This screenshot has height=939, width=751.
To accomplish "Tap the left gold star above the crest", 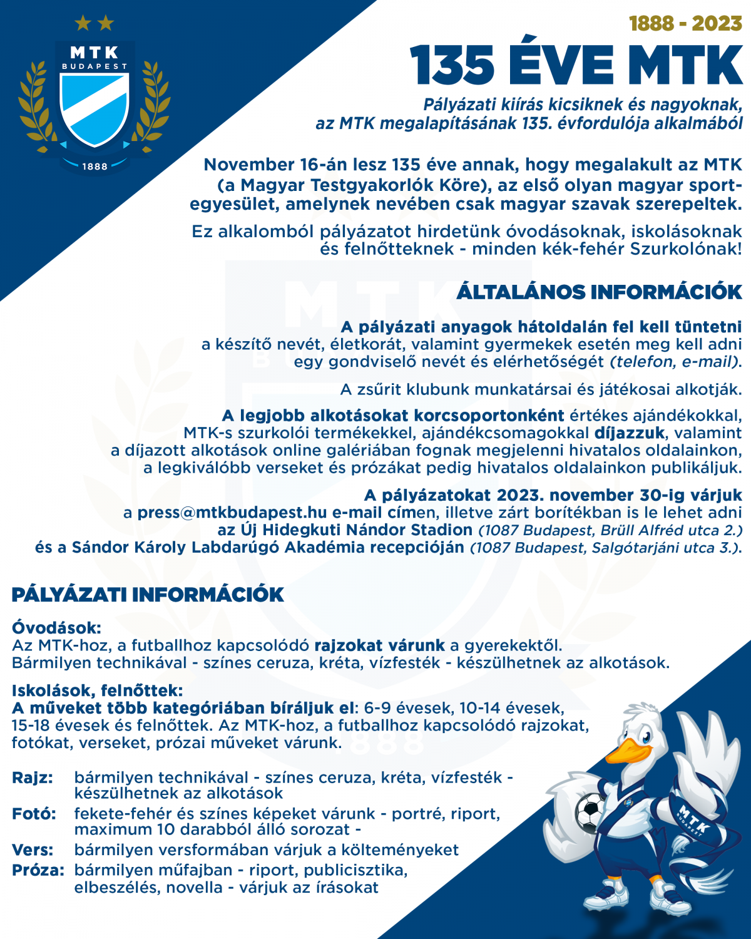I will pyautogui.click(x=83, y=24).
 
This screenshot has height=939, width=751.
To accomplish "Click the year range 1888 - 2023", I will pyautogui.click(x=685, y=24).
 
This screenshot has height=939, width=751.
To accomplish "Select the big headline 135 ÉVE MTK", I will pyautogui.click(x=576, y=66).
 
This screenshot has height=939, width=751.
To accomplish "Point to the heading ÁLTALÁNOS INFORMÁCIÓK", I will pyautogui.click(x=599, y=292).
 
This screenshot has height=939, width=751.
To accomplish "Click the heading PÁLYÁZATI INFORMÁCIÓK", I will pyautogui.click(x=148, y=595).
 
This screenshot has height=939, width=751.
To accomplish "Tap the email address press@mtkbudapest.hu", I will pyautogui.click(x=232, y=513).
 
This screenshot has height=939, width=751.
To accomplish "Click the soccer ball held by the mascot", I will pyautogui.click(x=590, y=812).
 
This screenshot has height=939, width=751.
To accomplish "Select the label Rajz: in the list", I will pyautogui.click(x=33, y=778).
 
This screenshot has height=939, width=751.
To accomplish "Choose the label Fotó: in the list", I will pyautogui.click(x=34, y=814).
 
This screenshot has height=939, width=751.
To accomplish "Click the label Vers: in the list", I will pyautogui.click(x=33, y=850).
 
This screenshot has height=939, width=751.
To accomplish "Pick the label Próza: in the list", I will pyautogui.click(x=38, y=870).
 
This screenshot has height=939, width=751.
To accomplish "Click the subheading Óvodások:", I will pyautogui.click(x=56, y=628).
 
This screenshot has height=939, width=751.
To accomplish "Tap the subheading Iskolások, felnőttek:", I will pyautogui.click(x=97, y=691).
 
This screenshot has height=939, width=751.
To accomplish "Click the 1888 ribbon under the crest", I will pyautogui.click(x=95, y=167).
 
